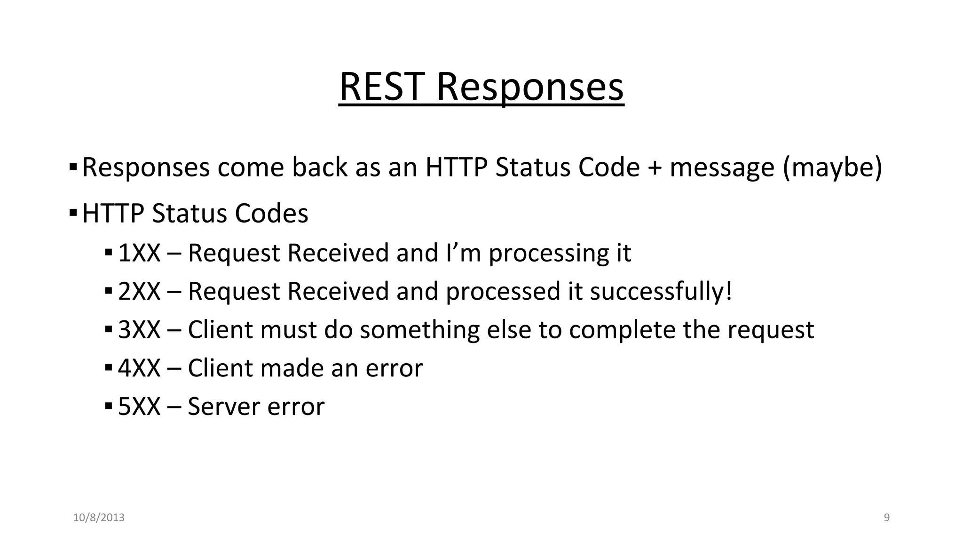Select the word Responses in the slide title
click(x=530, y=88)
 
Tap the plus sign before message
click(x=655, y=167)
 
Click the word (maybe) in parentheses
click(x=832, y=167)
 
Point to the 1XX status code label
click(x=139, y=253)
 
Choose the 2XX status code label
click(x=139, y=291)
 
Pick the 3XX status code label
click(x=139, y=330)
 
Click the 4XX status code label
click(x=139, y=368)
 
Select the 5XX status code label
click(x=139, y=406)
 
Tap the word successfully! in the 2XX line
click(x=661, y=291)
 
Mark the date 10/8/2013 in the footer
click(x=99, y=518)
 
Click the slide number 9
click(x=887, y=518)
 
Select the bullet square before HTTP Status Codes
click(x=73, y=213)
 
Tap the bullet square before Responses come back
click(x=73, y=167)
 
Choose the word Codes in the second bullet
click(x=271, y=214)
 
